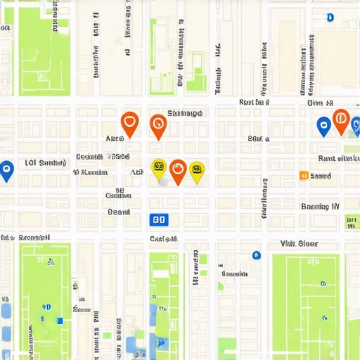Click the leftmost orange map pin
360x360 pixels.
coord(129,123)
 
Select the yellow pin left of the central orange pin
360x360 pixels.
coord(159,168)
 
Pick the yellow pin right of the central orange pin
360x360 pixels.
coord(197,169)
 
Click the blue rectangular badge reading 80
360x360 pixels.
coord(159,219)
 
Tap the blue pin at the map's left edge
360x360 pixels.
coord(6,169)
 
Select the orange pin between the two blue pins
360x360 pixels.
coord(340,120)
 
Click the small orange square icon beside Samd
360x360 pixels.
coord(303,176)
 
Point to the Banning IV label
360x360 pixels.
coord(320,207)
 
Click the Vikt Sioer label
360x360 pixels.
coord(299,244)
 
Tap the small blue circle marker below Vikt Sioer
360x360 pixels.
coord(256,255)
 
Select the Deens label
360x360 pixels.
coord(119,212)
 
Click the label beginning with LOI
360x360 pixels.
coord(46,163)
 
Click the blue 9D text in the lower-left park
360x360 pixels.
coord(46,307)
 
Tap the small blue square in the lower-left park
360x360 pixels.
coord(60,321)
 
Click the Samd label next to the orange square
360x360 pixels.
coord(321,176)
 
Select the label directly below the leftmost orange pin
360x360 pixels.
coord(114,139)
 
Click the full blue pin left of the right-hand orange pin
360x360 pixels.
coord(323,126)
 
